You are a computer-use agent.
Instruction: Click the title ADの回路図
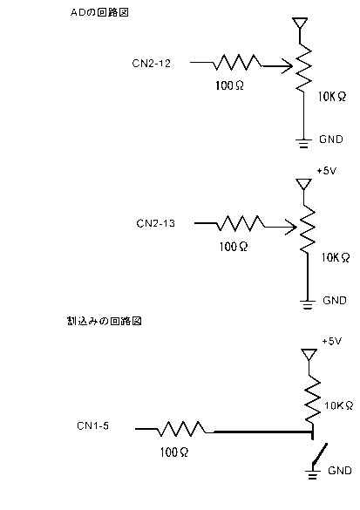(x=99, y=12)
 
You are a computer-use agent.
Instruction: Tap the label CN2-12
(x=151, y=63)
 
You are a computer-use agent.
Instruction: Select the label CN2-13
(x=155, y=223)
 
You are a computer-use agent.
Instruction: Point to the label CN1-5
(x=92, y=425)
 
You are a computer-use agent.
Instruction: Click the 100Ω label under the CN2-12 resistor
(x=229, y=85)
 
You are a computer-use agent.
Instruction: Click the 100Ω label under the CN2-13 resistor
(x=234, y=247)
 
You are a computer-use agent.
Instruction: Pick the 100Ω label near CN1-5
(x=174, y=452)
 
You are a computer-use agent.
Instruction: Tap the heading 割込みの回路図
(x=104, y=322)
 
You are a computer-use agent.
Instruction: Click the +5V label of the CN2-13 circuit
(x=327, y=171)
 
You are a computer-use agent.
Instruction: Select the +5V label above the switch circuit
(x=332, y=341)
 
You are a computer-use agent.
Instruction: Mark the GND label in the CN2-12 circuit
(x=331, y=139)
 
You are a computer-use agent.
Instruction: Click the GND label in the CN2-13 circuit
(x=335, y=300)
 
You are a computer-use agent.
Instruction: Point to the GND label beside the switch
(x=340, y=470)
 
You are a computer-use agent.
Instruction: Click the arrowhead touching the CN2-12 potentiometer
(x=288, y=66)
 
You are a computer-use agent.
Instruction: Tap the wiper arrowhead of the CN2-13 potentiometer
(x=291, y=227)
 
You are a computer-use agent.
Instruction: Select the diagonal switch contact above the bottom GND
(x=320, y=452)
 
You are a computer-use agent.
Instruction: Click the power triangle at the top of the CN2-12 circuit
(x=300, y=24)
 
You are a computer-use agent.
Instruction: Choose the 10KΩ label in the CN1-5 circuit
(x=339, y=405)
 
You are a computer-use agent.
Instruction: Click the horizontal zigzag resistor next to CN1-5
(x=182, y=429)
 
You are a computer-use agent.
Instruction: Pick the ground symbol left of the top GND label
(x=303, y=143)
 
